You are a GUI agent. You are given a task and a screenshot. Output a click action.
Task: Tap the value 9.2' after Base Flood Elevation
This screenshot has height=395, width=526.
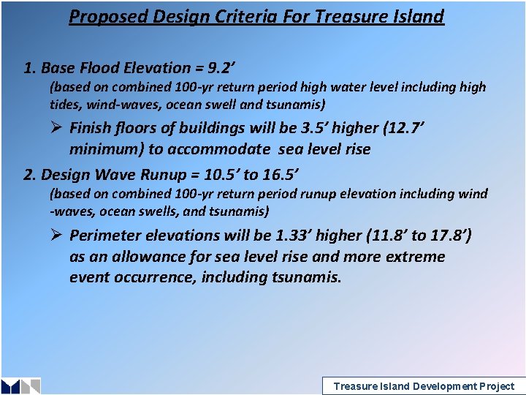(x=221, y=68)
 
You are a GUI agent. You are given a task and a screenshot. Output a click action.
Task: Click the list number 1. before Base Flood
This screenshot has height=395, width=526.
(x=30, y=68)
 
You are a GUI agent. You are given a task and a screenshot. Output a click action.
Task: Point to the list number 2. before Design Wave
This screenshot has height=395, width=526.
(x=30, y=175)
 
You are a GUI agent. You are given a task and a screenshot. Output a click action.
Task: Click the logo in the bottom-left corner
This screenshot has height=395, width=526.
(x=20, y=385)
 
